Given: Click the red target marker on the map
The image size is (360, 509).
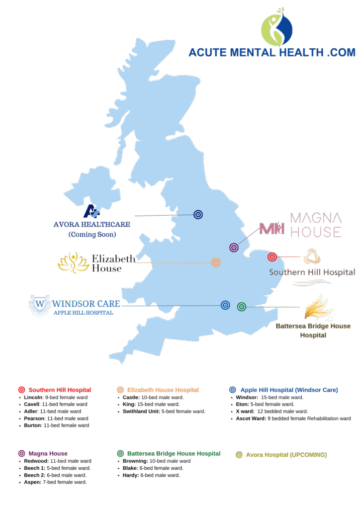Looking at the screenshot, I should click(271, 257).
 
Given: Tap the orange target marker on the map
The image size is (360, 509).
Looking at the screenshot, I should click(216, 262).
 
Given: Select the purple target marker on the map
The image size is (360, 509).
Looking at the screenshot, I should click(234, 247).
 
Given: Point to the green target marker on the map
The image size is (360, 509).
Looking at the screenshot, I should click(241, 307).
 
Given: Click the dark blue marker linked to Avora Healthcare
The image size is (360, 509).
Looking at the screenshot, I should click(198, 215).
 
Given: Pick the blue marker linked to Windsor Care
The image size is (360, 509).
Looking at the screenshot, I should click(225, 305).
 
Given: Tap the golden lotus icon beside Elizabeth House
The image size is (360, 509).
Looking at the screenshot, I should click(73, 262).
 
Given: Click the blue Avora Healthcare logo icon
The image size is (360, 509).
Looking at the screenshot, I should click(92, 211).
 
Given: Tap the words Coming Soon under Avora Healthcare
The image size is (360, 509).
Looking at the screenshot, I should click(92, 234).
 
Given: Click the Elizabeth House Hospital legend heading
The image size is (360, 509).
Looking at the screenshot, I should click(163, 390).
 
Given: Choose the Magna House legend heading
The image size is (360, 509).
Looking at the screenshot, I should click(48, 453).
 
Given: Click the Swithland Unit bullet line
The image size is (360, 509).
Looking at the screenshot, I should click(164, 412).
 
